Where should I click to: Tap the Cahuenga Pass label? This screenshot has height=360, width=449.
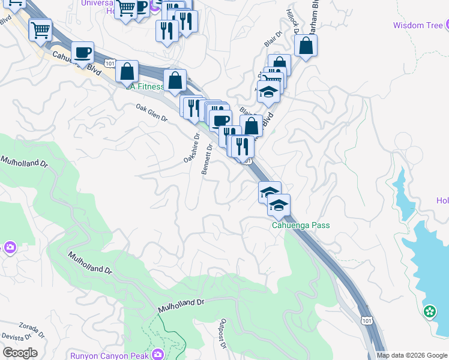coord(300,226)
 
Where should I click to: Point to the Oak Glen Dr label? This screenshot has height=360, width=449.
coord(151,112)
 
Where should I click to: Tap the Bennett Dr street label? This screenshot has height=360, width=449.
coord(207,159)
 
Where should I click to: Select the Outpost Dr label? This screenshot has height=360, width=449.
coord(222,334)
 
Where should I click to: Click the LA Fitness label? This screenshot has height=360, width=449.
coord(145,86)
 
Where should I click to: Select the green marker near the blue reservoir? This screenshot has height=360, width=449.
coord(429,311)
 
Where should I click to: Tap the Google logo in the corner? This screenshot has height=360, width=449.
coord(20,353)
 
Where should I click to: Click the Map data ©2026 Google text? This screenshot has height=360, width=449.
coord(411,355)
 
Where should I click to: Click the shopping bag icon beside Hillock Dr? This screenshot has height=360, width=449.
coord(306,46)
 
